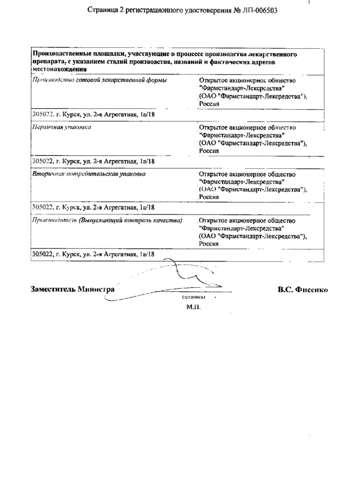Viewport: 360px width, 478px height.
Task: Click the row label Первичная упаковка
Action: point(62,127)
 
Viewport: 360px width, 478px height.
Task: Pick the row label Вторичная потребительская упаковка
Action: point(89,174)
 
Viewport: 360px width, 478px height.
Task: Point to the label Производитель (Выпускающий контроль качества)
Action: point(107,221)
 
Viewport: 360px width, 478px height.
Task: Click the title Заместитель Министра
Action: point(72,289)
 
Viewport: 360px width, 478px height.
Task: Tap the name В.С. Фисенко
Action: point(302,289)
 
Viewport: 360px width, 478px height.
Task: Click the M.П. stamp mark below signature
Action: point(194,308)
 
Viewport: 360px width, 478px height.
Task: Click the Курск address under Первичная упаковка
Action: point(94,160)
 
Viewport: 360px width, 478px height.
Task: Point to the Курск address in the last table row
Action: point(94,254)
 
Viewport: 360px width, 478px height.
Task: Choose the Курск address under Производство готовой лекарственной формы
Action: point(94,113)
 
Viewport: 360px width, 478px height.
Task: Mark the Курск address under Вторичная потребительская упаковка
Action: point(94,207)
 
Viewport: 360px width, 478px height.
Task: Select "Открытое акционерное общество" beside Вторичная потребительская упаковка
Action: point(247,174)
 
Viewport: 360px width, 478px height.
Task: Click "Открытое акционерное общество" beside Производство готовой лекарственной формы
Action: point(247,81)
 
